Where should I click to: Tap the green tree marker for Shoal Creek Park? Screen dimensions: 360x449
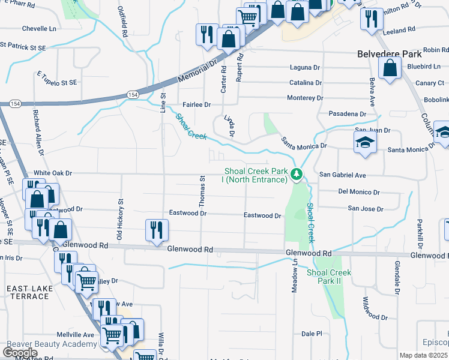pos(296,175)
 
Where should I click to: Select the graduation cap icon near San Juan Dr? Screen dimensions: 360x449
pos(364,143)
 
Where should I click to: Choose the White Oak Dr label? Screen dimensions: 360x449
pos(53,173)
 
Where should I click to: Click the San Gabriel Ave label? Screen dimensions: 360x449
pos(342,175)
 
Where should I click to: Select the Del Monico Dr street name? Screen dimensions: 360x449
pos(358,192)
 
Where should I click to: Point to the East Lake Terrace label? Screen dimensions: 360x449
pos(29,293)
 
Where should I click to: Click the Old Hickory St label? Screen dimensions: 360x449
pos(119,214)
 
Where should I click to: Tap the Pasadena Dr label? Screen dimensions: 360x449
pos(347,113)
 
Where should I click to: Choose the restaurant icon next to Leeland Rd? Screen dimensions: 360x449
pos(372,19)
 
